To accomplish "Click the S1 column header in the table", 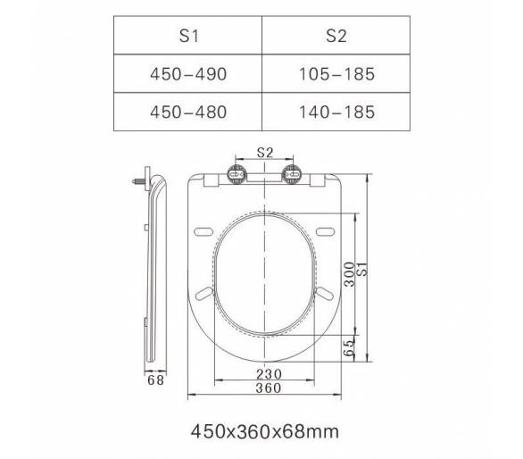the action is (x=189, y=36).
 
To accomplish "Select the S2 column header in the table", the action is (x=336, y=36).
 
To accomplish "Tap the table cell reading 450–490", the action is (x=188, y=74).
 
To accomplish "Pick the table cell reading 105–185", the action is (x=336, y=74).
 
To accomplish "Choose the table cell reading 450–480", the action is (x=188, y=112).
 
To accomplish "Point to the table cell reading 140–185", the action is (x=336, y=112).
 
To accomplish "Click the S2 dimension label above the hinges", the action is (x=265, y=153).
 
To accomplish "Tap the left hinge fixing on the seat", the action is (x=237, y=174).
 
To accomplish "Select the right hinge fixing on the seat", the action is (x=292, y=174).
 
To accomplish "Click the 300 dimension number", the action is (x=349, y=274).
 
